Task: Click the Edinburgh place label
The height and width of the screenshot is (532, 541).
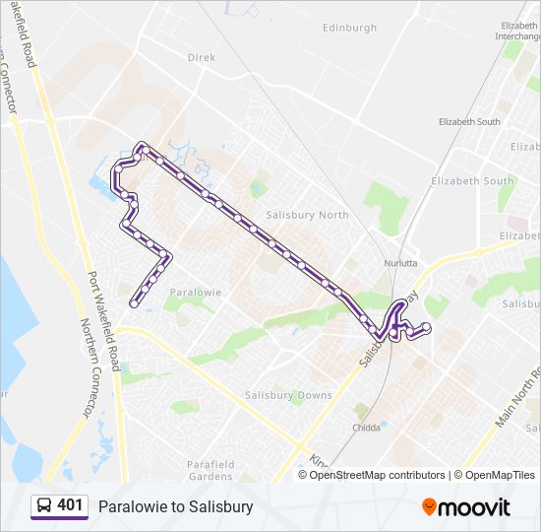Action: [349, 29]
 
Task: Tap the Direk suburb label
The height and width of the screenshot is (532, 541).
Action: [201, 57]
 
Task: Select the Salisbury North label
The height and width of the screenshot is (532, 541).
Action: [307, 215]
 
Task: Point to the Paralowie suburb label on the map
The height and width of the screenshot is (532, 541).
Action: [195, 293]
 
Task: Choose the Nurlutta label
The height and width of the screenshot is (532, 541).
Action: [401, 264]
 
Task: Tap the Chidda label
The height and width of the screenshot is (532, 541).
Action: [366, 428]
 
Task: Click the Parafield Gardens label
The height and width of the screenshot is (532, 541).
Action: [210, 470]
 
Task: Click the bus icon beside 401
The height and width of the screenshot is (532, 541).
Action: [43, 506]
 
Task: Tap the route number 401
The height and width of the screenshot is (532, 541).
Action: [70, 506]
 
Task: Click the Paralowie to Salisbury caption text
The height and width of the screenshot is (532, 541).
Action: [176, 507]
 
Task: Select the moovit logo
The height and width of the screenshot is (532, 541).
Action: [466, 507]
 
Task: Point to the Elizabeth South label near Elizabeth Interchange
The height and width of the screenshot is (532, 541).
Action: [469, 122]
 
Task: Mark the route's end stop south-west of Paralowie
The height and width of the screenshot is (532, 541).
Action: [134, 303]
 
